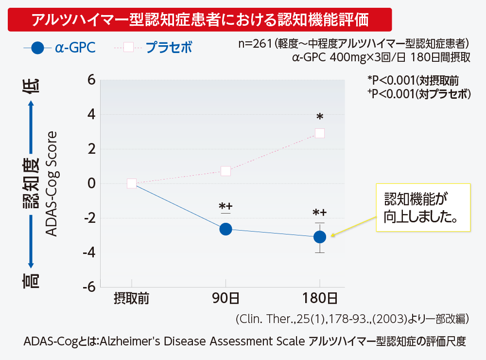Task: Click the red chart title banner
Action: point(199,20)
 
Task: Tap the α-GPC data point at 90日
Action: point(226,229)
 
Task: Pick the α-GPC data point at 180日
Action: point(319,237)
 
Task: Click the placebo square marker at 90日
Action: point(226,171)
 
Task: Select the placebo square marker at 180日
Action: point(319,133)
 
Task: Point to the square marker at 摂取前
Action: point(131,183)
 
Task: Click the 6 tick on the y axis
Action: point(90,80)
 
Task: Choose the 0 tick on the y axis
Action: point(90,184)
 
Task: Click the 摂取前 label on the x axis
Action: point(131,298)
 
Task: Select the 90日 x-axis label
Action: point(226,298)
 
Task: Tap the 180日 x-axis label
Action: point(319,298)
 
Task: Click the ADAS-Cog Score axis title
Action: point(51,183)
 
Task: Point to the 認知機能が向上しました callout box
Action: point(423,207)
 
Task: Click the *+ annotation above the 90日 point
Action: point(225,207)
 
